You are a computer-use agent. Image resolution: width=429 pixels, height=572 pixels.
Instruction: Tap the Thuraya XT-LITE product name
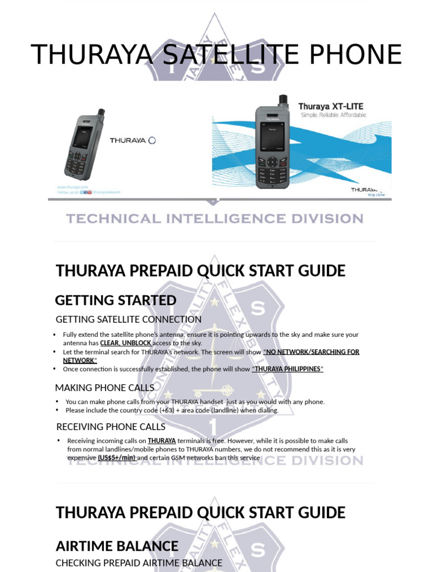tap(331, 106)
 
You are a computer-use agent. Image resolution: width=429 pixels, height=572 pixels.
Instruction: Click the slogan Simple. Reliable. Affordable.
tap(333, 115)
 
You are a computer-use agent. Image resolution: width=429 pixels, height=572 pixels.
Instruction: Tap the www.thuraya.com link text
tap(73, 187)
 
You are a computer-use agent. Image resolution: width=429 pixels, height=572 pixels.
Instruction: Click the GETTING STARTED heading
tap(116, 301)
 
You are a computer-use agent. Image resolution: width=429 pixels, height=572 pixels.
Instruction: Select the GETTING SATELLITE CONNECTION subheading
tap(128, 320)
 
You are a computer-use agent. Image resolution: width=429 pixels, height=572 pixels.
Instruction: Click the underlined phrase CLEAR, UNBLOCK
tap(125, 343)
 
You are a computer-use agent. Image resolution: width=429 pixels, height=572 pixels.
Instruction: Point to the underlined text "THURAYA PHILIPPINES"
tap(288, 370)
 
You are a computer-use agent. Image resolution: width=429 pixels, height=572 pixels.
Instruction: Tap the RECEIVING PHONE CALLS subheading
tap(111, 427)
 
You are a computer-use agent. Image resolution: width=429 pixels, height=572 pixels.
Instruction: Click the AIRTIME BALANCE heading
tap(116, 546)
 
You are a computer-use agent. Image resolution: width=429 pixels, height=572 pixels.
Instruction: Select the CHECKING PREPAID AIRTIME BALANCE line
tap(139, 563)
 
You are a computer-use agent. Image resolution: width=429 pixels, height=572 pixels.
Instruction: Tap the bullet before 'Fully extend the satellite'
tap(55, 335)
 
